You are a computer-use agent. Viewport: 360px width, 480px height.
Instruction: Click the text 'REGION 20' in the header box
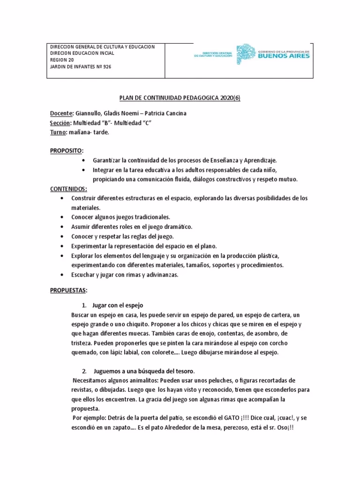pyautogui.click(x=62, y=60)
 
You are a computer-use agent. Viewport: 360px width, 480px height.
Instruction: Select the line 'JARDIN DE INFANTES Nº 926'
pyautogui.click(x=81, y=67)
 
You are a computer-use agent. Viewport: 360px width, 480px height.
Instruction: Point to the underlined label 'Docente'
pyautogui.click(x=61, y=113)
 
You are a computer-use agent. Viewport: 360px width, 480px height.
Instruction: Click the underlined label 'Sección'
pyautogui.click(x=59, y=123)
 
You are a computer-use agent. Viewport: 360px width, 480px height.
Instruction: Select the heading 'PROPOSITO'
pyautogui.click(x=66, y=151)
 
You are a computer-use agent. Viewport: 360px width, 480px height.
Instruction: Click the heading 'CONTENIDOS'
pyautogui.click(x=68, y=188)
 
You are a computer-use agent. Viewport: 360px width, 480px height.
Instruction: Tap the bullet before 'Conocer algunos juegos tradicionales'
pyautogui.click(x=62, y=217)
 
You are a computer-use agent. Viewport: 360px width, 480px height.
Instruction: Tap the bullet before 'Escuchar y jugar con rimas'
pyautogui.click(x=62, y=275)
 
